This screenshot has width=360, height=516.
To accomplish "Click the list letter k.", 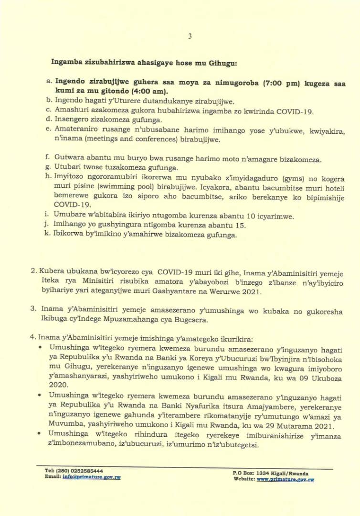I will (x=49, y=235).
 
